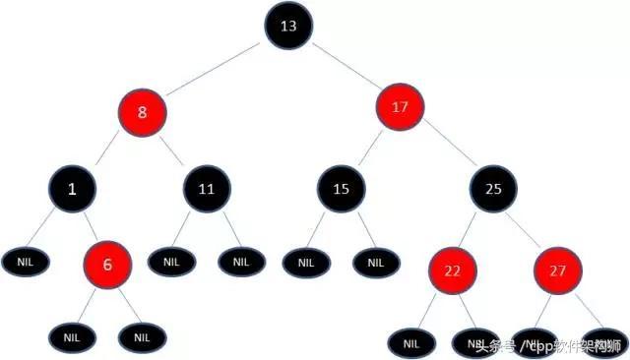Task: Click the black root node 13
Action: (x=287, y=27)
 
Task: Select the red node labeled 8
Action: (x=143, y=112)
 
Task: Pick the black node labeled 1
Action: (x=72, y=188)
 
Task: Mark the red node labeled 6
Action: (x=107, y=265)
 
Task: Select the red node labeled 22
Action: (x=452, y=270)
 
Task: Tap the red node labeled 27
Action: (x=557, y=270)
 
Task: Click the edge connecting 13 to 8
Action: (x=216, y=69)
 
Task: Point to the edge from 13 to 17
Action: (x=344, y=66)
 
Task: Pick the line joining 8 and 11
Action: (x=174, y=149)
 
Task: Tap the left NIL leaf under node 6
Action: (x=72, y=336)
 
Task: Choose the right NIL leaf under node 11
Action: (x=240, y=262)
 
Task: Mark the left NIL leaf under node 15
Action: (x=305, y=263)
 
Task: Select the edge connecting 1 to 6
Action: (x=90, y=226)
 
